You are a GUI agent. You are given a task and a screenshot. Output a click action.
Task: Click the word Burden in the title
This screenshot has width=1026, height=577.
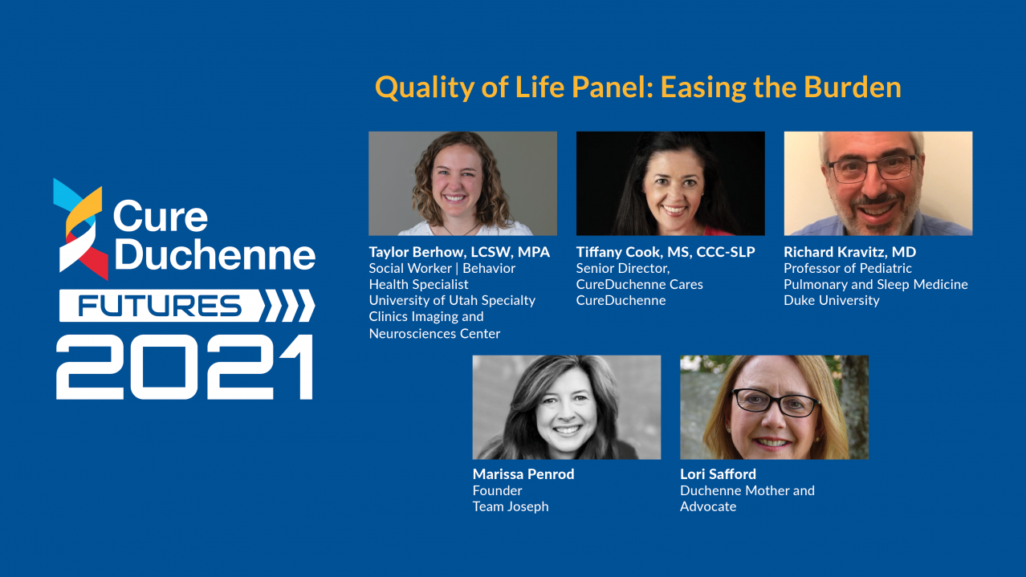pyautogui.click(x=853, y=87)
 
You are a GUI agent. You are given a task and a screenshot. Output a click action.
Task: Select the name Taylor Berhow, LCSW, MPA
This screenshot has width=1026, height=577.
pyautogui.click(x=459, y=252)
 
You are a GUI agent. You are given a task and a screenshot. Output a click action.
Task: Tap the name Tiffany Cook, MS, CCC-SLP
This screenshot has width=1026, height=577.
pyautogui.click(x=666, y=252)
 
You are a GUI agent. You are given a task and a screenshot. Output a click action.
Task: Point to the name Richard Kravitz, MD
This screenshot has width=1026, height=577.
pyautogui.click(x=849, y=252)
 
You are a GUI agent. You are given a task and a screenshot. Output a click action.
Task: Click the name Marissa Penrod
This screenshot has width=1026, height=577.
pyautogui.click(x=523, y=474)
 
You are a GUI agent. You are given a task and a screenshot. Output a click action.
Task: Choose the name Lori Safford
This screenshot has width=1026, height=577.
pyautogui.click(x=718, y=474)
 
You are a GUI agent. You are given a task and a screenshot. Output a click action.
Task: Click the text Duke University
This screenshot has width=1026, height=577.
pyautogui.click(x=832, y=300)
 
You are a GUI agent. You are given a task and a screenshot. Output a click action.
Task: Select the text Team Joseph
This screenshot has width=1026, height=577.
pyautogui.click(x=511, y=506)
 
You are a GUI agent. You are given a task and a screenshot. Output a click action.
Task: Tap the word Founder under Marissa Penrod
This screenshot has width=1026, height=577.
pyautogui.click(x=497, y=490)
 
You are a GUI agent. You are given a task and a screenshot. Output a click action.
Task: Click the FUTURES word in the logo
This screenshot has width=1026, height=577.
pyautogui.click(x=160, y=306)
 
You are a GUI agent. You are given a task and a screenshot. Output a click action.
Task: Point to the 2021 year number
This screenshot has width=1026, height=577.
pyautogui.click(x=185, y=367)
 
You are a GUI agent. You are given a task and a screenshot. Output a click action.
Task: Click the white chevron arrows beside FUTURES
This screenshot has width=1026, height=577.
pyautogui.click(x=287, y=306)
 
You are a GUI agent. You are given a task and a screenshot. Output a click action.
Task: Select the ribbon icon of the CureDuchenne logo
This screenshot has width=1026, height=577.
pyautogui.click(x=80, y=229)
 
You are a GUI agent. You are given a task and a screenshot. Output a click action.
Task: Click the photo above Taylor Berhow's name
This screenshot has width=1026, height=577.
pyautogui.click(x=462, y=184)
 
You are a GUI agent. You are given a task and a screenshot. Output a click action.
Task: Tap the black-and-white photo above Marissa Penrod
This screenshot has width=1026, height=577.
pyautogui.click(x=567, y=407)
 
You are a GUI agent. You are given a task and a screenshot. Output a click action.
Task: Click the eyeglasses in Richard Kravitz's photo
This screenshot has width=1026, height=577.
pyautogui.click(x=872, y=169)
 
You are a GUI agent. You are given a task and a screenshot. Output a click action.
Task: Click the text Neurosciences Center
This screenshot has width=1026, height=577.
pyautogui.click(x=434, y=333)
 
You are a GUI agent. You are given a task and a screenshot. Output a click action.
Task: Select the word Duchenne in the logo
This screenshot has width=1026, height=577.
pyautogui.click(x=215, y=254)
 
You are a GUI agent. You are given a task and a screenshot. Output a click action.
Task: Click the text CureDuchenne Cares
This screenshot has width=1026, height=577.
pyautogui.click(x=639, y=284)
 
